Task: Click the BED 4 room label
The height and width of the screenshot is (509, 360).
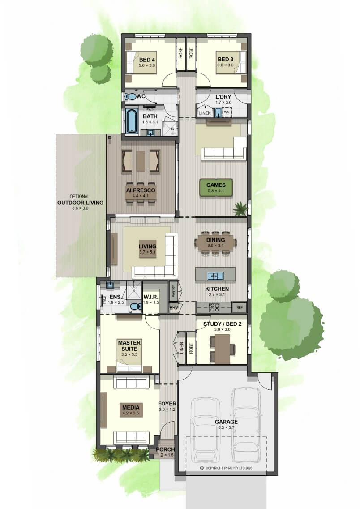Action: (146, 60)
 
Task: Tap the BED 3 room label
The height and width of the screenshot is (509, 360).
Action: (225, 60)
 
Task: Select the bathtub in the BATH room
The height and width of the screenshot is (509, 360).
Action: (132, 121)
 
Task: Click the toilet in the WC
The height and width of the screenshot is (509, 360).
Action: (131, 96)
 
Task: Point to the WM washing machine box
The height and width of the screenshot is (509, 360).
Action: (227, 112)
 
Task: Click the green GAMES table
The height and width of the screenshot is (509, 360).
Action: (216, 188)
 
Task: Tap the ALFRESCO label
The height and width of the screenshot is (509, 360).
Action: (141, 190)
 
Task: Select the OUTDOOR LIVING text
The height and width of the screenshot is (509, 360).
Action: (81, 203)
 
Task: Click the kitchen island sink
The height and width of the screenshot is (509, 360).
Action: (215, 276)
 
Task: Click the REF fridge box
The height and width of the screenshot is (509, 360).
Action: (240, 307)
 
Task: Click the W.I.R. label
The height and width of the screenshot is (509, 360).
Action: (151, 297)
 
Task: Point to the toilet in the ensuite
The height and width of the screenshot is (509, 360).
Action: (135, 306)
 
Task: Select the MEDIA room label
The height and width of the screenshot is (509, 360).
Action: (131, 407)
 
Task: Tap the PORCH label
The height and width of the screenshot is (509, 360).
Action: (165, 449)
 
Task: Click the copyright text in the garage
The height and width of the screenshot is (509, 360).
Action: (226, 468)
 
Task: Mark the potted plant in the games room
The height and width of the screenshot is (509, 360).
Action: (240, 208)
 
